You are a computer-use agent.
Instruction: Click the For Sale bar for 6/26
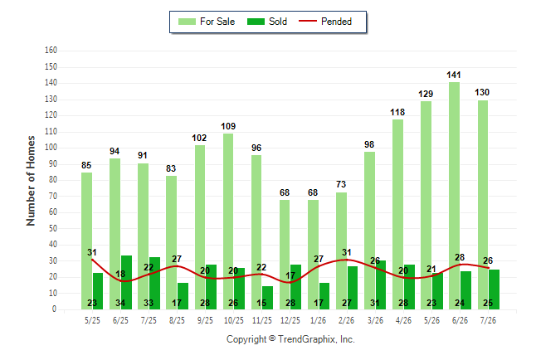454,196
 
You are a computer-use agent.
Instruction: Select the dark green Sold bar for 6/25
126,282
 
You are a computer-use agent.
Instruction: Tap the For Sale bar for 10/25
228,221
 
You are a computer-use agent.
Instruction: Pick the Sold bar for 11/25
267,298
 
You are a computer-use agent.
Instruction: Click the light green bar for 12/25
285,255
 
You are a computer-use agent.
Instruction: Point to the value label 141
454,75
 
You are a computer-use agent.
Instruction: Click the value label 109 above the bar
228,126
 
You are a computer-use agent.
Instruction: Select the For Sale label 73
341,184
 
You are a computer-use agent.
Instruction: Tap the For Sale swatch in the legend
187,22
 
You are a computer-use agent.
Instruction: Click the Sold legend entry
267,22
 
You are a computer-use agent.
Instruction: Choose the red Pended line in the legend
308,22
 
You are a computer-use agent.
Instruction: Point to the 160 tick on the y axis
51,51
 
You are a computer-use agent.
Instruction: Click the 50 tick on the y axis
52,228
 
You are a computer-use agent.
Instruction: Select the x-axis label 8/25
177,320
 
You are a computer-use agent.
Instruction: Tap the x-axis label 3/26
375,320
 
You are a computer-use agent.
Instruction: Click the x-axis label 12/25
290,320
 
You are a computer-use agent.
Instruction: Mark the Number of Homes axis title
31,181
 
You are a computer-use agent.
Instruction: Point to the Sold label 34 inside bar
120,303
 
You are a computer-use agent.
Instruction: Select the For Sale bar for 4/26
397,214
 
